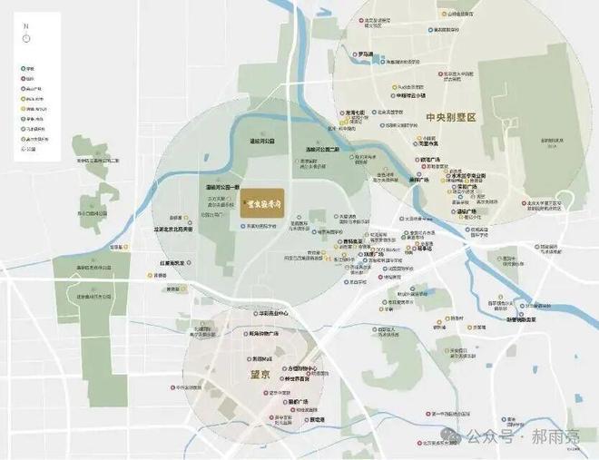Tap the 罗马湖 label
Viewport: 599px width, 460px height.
tap(369, 54)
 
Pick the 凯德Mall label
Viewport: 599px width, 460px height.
tap(263, 357)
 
